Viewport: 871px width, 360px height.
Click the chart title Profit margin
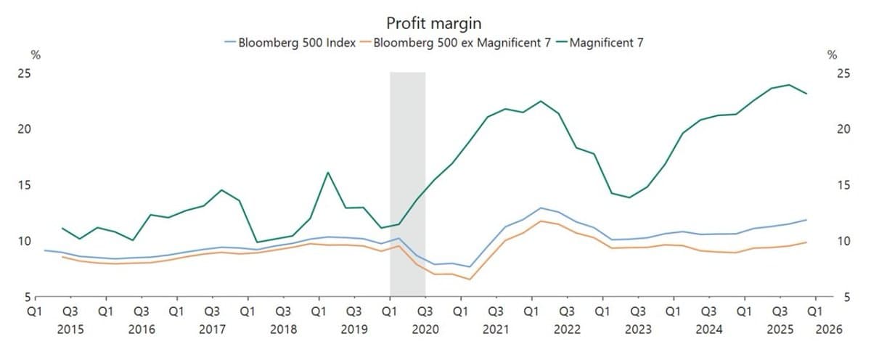click(435, 24)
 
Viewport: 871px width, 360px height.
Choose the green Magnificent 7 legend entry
click(606, 43)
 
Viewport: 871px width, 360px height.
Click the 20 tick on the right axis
click(843, 130)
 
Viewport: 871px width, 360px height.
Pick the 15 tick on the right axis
click(843, 186)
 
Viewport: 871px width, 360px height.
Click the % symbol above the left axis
click(35, 55)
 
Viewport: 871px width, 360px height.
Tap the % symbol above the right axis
click(832, 55)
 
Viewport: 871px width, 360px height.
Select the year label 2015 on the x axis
click(70, 330)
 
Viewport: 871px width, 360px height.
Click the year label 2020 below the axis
click(425, 330)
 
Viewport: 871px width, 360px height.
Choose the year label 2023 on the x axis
click(638, 330)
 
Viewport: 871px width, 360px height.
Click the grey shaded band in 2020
click(407, 181)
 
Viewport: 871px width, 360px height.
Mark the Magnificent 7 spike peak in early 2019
click(327, 173)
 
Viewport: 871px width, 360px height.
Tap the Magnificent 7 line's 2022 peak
click(541, 101)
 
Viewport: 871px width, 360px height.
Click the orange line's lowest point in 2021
click(470, 279)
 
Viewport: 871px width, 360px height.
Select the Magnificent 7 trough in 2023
click(629, 197)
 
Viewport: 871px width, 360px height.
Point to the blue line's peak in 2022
click(541, 208)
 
